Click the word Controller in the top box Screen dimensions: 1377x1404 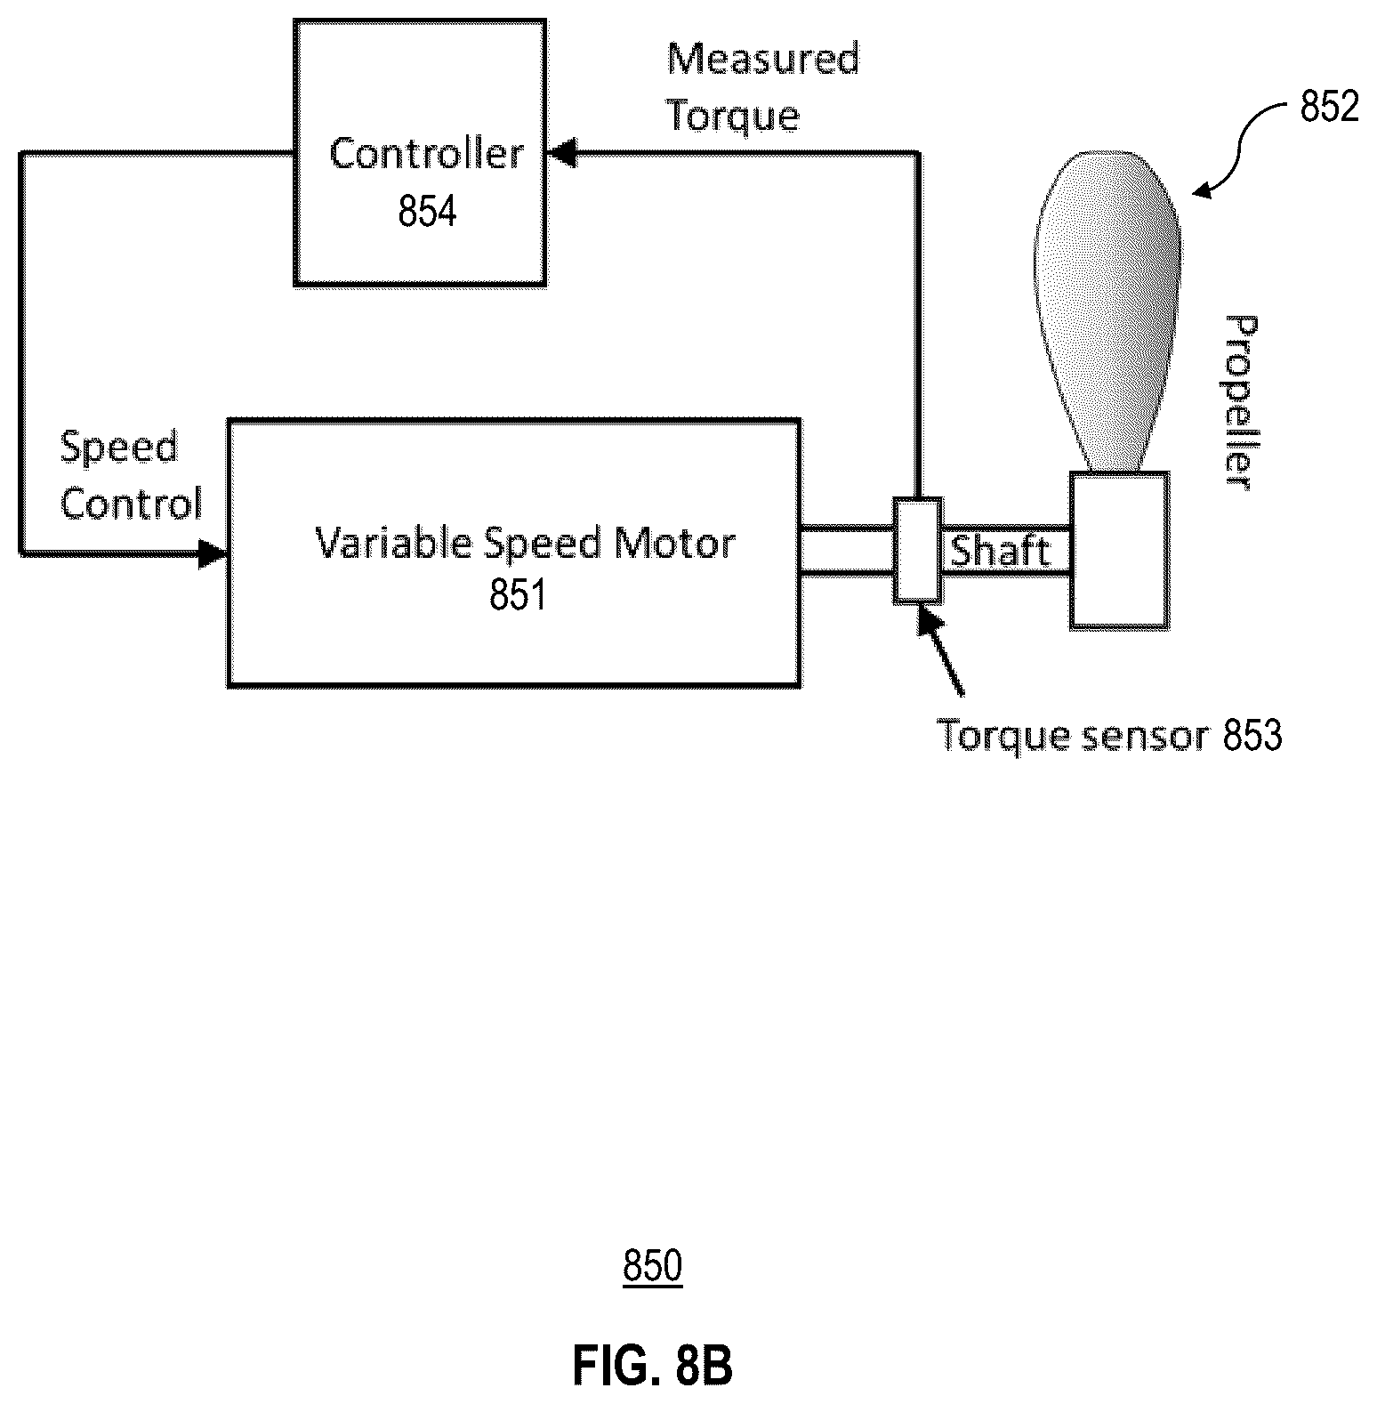426,154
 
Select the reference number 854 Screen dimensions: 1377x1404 427,212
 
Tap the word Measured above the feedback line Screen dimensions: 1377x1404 763,59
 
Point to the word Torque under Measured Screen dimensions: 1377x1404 733,117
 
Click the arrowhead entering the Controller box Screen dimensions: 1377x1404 562,155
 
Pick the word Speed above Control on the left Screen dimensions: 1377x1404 118,448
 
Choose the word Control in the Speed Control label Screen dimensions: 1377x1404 132,504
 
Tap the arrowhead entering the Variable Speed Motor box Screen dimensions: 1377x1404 213,554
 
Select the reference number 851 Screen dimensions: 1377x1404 518,595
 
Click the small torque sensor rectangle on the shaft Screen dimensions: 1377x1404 917,551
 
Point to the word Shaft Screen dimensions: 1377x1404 1001,552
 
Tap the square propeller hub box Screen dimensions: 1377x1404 1119,550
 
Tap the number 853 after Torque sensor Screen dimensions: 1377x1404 1253,736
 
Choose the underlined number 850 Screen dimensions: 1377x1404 653,1266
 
